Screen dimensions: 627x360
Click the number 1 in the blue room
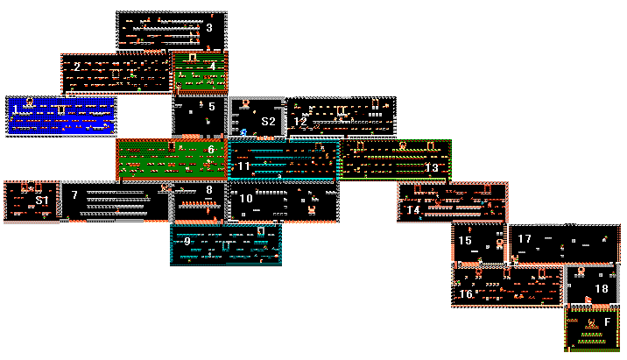coord(16,109)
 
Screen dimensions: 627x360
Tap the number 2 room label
coord(77,67)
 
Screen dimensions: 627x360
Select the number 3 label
coord(209,28)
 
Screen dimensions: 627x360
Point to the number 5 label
coord(212,106)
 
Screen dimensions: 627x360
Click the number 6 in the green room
coord(211,150)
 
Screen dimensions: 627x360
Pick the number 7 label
coord(74,194)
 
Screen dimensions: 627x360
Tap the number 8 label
coord(208,189)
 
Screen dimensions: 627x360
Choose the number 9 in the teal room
coord(187,241)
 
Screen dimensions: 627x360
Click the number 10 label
coord(246,199)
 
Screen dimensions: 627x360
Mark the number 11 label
coord(244,166)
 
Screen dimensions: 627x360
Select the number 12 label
coord(300,122)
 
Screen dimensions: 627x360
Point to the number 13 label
coord(432,167)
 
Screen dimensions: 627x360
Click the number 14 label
coord(413,209)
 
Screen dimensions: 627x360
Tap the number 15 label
coord(465,240)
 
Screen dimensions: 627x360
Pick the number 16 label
coord(466,294)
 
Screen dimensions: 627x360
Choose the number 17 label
coord(525,239)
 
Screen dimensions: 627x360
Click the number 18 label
coord(602,288)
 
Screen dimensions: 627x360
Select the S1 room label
coord(42,201)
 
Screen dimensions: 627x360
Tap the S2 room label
coord(268,121)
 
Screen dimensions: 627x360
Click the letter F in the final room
coord(608,321)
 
